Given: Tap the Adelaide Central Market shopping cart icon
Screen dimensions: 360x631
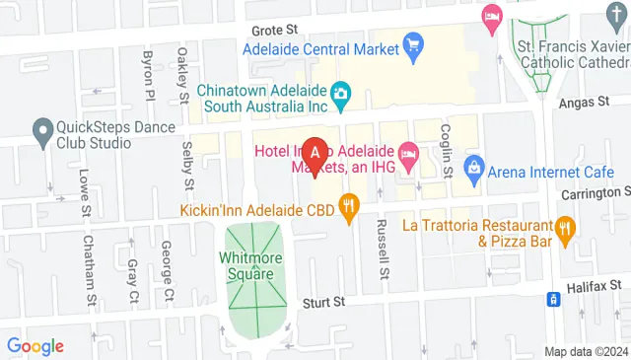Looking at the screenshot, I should [413, 45].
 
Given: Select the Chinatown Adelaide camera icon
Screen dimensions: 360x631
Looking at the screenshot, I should [341, 95].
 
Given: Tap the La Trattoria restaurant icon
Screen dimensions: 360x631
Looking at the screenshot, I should [565, 231].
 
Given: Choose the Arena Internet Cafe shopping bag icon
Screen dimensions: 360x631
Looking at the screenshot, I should [474, 165].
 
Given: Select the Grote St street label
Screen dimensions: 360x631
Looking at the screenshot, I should [274, 31].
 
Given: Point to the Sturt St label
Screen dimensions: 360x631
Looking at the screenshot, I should [321, 302].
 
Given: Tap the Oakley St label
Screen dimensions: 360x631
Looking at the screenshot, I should [183, 74].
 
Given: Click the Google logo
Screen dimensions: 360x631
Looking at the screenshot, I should [35, 345].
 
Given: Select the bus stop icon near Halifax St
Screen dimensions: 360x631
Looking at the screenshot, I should [556, 297].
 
